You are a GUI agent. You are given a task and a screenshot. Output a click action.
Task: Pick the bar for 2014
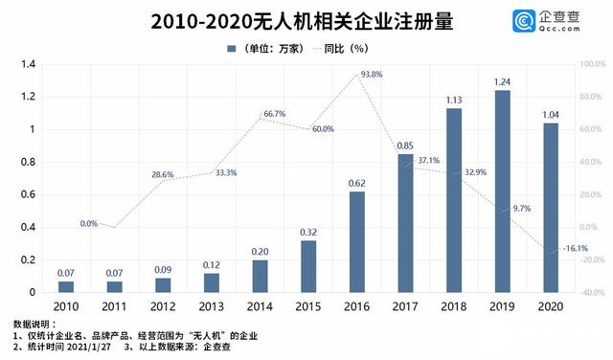(x=260, y=276)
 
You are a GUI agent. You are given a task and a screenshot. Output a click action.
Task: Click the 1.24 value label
(x=502, y=81)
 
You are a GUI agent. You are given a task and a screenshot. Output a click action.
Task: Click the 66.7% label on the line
(x=273, y=114)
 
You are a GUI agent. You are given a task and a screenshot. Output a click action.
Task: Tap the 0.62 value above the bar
(x=356, y=183)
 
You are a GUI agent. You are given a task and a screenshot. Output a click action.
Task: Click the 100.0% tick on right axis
(x=592, y=64)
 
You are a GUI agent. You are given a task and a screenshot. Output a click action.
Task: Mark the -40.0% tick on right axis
(x=592, y=292)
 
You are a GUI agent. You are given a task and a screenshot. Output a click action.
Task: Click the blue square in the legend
(x=231, y=47)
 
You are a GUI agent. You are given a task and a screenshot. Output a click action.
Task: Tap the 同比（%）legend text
(x=346, y=47)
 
